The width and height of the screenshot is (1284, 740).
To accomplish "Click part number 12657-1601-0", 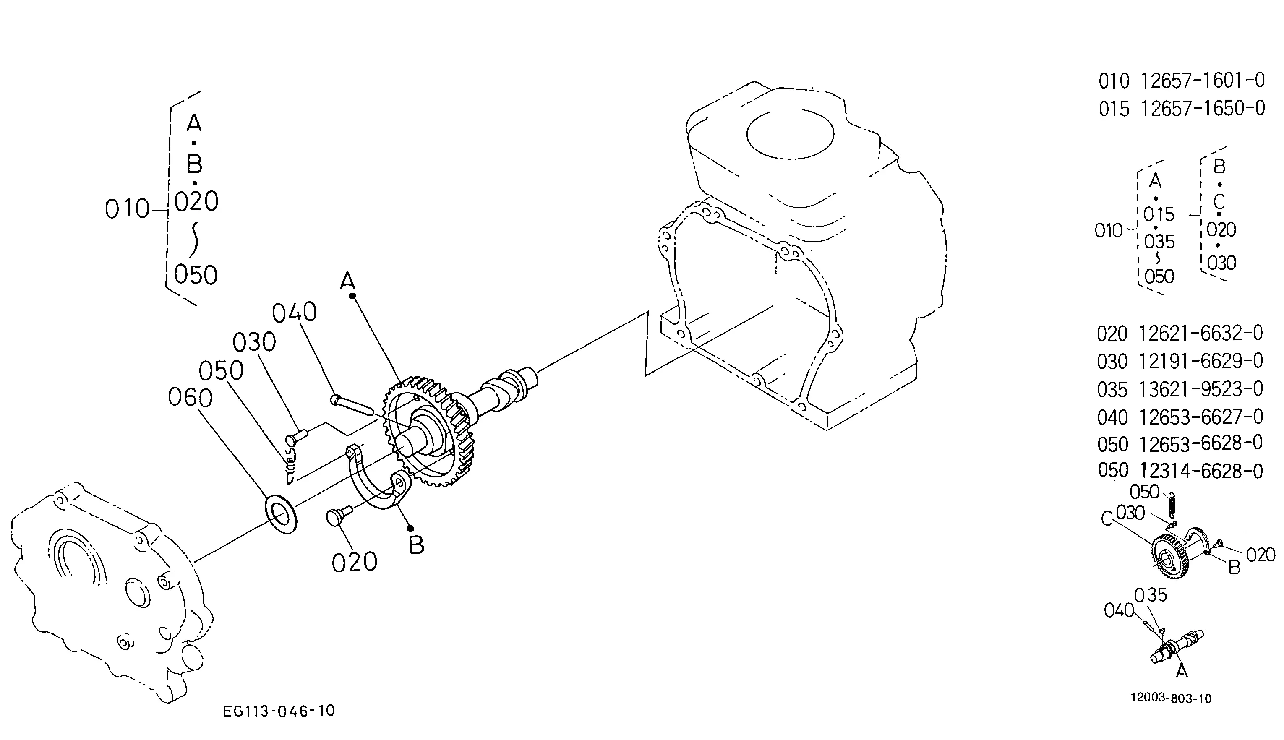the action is coord(1203,80).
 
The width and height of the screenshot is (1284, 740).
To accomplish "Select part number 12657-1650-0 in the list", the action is coord(1203,108).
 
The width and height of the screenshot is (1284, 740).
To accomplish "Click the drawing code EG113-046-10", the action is coord(279,711).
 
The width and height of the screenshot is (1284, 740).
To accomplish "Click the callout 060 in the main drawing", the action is coord(190,397).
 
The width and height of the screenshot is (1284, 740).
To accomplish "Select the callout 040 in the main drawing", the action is coord(294,313).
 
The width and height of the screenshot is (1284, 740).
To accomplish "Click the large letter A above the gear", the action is coord(348,280).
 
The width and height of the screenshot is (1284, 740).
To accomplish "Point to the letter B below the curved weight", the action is coord(416,545).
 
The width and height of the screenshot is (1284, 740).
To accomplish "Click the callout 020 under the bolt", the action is coord(354,562).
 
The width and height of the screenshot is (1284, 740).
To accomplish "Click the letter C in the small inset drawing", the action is coord(1107,519).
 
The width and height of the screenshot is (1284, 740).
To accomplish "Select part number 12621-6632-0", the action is coord(1200,334).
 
